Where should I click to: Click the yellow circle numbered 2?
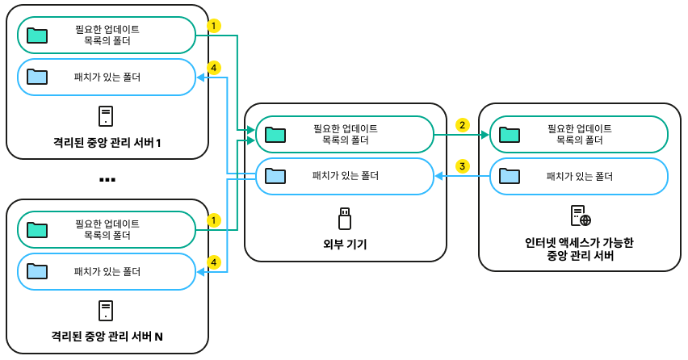click(x=462, y=125)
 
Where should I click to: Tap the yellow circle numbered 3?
click(x=462, y=166)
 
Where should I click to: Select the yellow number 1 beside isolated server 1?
click(x=213, y=26)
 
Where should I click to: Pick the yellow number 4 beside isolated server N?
click(x=213, y=262)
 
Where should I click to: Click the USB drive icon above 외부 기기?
click(x=345, y=218)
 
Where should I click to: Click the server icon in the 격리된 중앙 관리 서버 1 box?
click(x=106, y=116)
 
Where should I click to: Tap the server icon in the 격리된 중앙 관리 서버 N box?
click(x=106, y=311)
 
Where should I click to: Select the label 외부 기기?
click(x=346, y=244)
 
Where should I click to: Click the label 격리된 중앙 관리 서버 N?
click(x=107, y=336)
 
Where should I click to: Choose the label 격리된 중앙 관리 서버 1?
click(x=107, y=143)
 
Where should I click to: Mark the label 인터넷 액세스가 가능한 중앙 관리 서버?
click(x=579, y=249)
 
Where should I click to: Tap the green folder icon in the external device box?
click(x=275, y=134)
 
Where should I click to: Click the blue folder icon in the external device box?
click(x=275, y=175)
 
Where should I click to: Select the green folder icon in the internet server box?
click(x=509, y=134)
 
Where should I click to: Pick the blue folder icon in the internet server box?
click(x=509, y=175)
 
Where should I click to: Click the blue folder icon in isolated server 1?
click(x=37, y=77)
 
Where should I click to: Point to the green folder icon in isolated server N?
click(x=37, y=229)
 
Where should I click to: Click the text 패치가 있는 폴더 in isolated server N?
click(x=107, y=272)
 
